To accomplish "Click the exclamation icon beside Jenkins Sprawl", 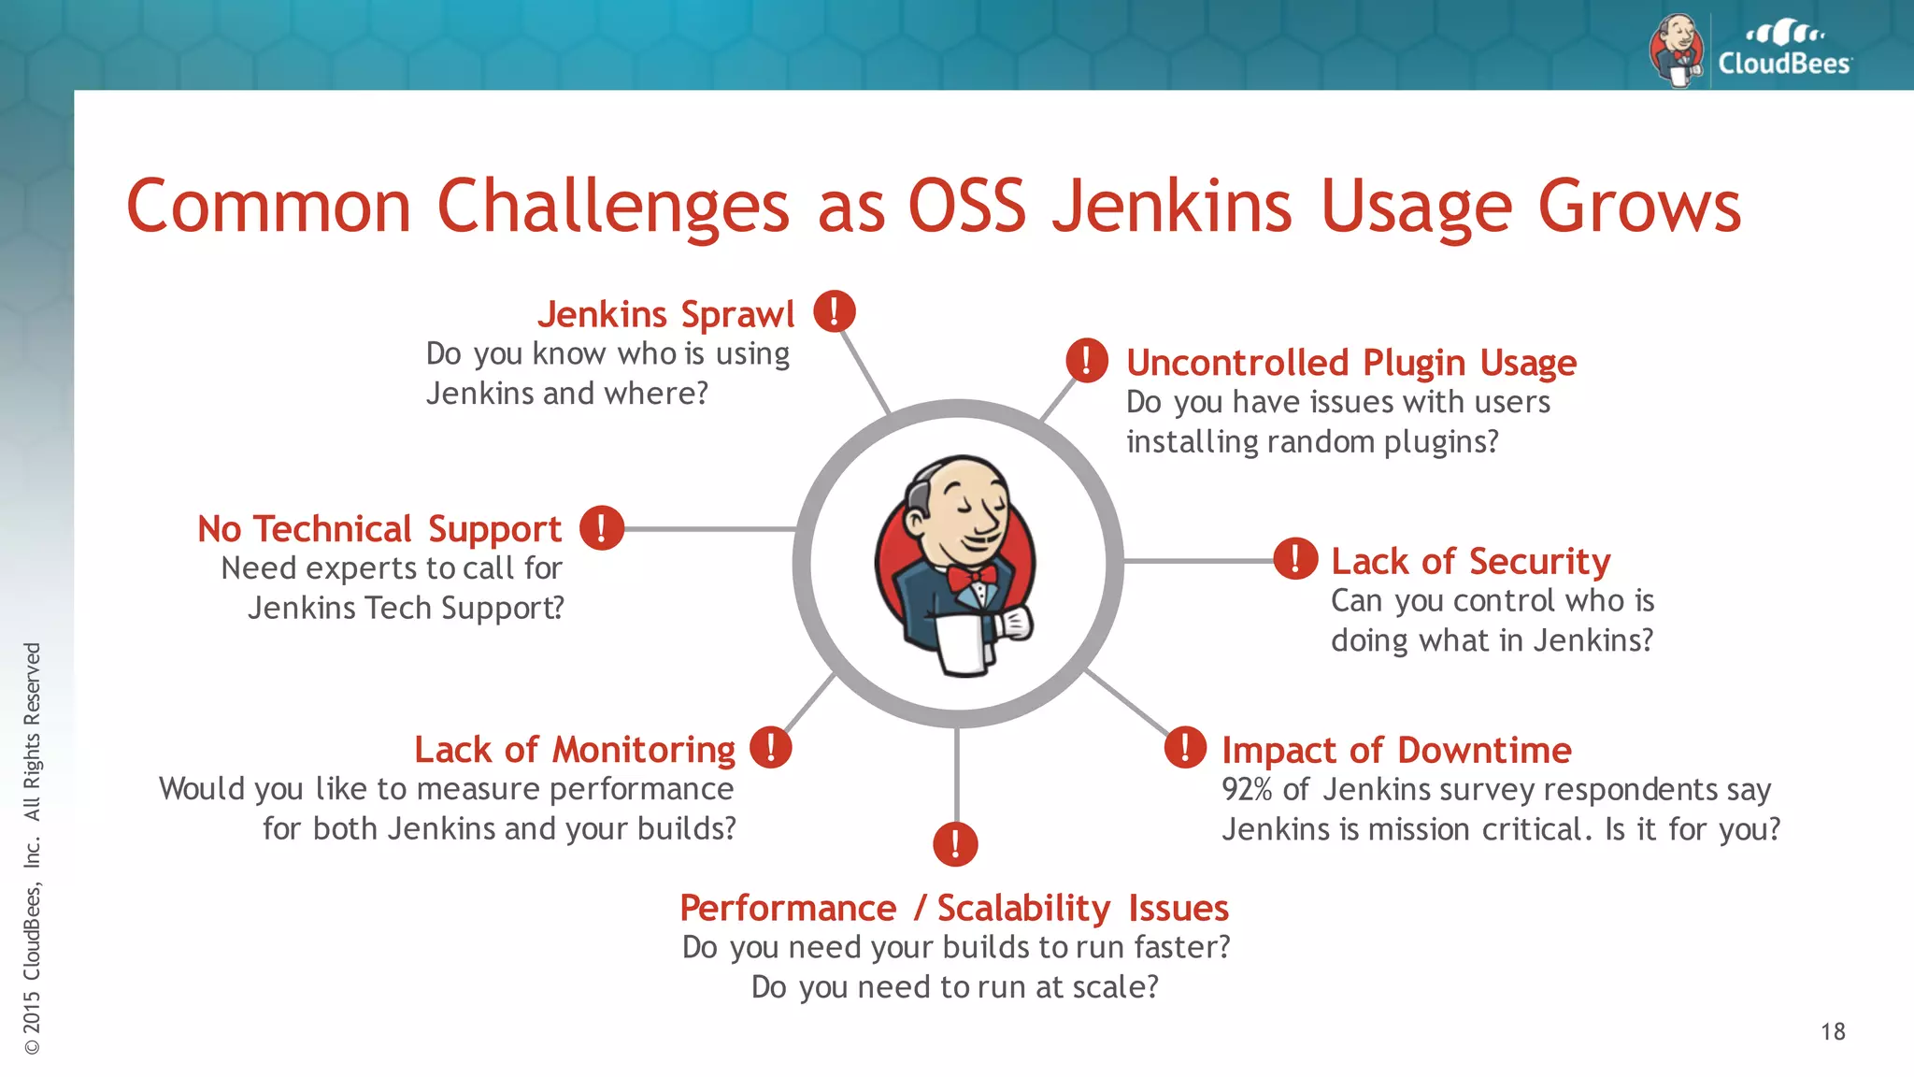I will pos(834,311).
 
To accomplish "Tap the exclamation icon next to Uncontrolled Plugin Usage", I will pos(1087,360).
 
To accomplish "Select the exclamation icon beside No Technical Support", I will pos(601,527).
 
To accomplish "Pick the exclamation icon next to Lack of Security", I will pos(1295,559).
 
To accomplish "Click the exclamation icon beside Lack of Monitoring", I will pos(770,747).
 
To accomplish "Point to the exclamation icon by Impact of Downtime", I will pos(1185,748).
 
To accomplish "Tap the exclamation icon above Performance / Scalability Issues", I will pos(955,844).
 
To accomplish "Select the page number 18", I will pos(1832,1032).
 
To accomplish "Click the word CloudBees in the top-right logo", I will pos(1783,64).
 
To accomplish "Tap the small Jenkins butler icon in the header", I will pos(1677,50).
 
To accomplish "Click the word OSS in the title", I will pos(966,206).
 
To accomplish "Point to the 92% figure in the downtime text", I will pos(1246,790).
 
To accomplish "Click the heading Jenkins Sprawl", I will pos(665,314).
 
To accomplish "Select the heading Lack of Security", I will pos(1470,561).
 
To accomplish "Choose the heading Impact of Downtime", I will pos(1396,750).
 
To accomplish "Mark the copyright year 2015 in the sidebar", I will pos(33,1012).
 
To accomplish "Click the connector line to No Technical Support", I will pos(708,529).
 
